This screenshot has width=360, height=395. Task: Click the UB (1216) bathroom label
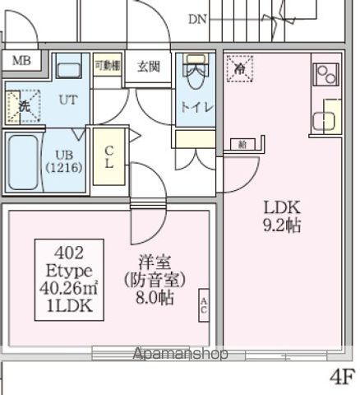coord(63,160)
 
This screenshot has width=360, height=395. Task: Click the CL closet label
coord(108,156)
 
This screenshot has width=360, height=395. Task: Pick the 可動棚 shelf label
coord(107,65)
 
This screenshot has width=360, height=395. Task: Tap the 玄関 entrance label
coord(148,66)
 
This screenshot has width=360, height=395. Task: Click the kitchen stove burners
coord(325,75)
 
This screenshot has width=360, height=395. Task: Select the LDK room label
coord(282,207)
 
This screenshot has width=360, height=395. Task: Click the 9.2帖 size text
coord(282,225)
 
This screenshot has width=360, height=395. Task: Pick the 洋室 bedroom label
coord(149,263)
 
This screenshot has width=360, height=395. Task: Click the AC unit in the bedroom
coord(203,306)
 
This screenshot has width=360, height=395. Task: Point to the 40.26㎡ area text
coord(69,287)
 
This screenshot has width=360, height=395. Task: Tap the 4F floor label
coord(342,378)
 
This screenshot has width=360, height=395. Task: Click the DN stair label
coord(196,18)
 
